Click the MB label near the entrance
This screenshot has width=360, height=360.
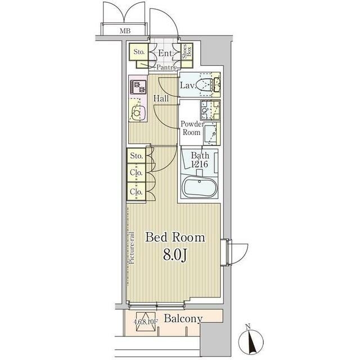click(125, 31)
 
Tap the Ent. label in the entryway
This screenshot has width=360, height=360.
click(165, 53)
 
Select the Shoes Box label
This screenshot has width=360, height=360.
click(187, 51)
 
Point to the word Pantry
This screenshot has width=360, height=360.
click(166, 67)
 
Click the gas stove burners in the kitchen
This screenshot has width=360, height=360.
click(138, 87)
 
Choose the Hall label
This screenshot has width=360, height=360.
click(161, 99)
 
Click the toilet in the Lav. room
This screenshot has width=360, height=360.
click(204, 85)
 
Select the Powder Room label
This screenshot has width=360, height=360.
click(192, 128)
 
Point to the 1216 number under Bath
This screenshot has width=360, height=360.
click(200, 164)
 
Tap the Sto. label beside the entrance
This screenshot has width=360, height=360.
click(139, 52)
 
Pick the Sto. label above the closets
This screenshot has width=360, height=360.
click(136, 156)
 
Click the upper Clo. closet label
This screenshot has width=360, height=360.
click(136, 173)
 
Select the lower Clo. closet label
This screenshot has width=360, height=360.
click(136, 191)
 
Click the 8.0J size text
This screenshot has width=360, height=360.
click(175, 255)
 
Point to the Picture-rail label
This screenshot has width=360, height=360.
click(132, 248)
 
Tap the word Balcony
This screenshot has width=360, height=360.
click(183, 319)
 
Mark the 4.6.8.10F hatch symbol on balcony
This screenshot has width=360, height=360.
click(146, 321)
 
